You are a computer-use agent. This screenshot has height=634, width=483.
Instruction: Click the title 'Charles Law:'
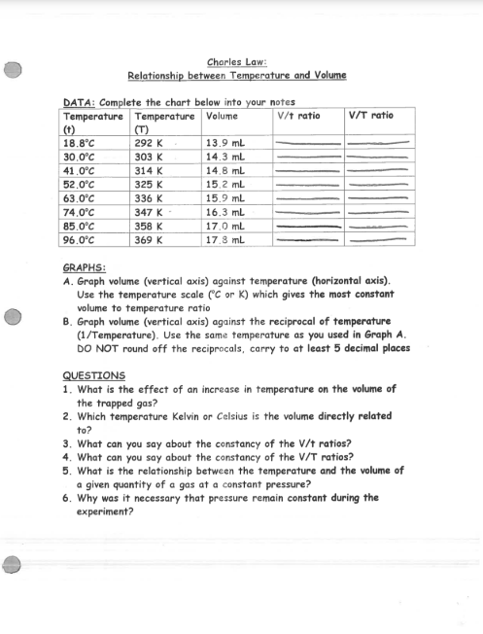237,61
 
